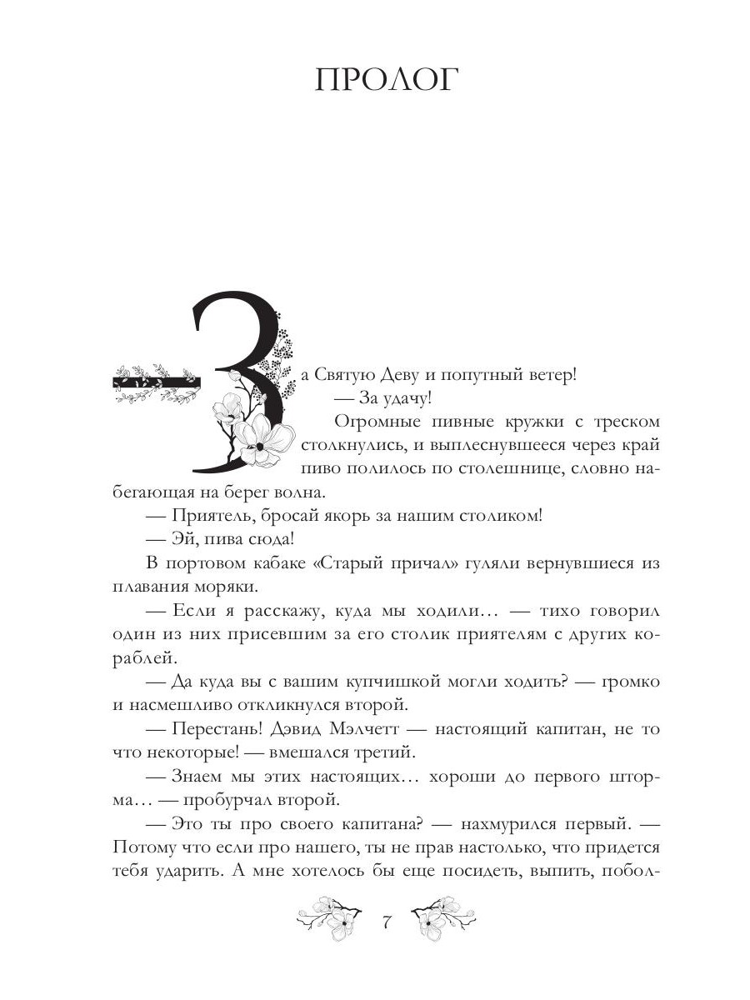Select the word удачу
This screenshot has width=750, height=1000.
(404, 397)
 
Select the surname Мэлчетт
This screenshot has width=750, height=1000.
(370, 729)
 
